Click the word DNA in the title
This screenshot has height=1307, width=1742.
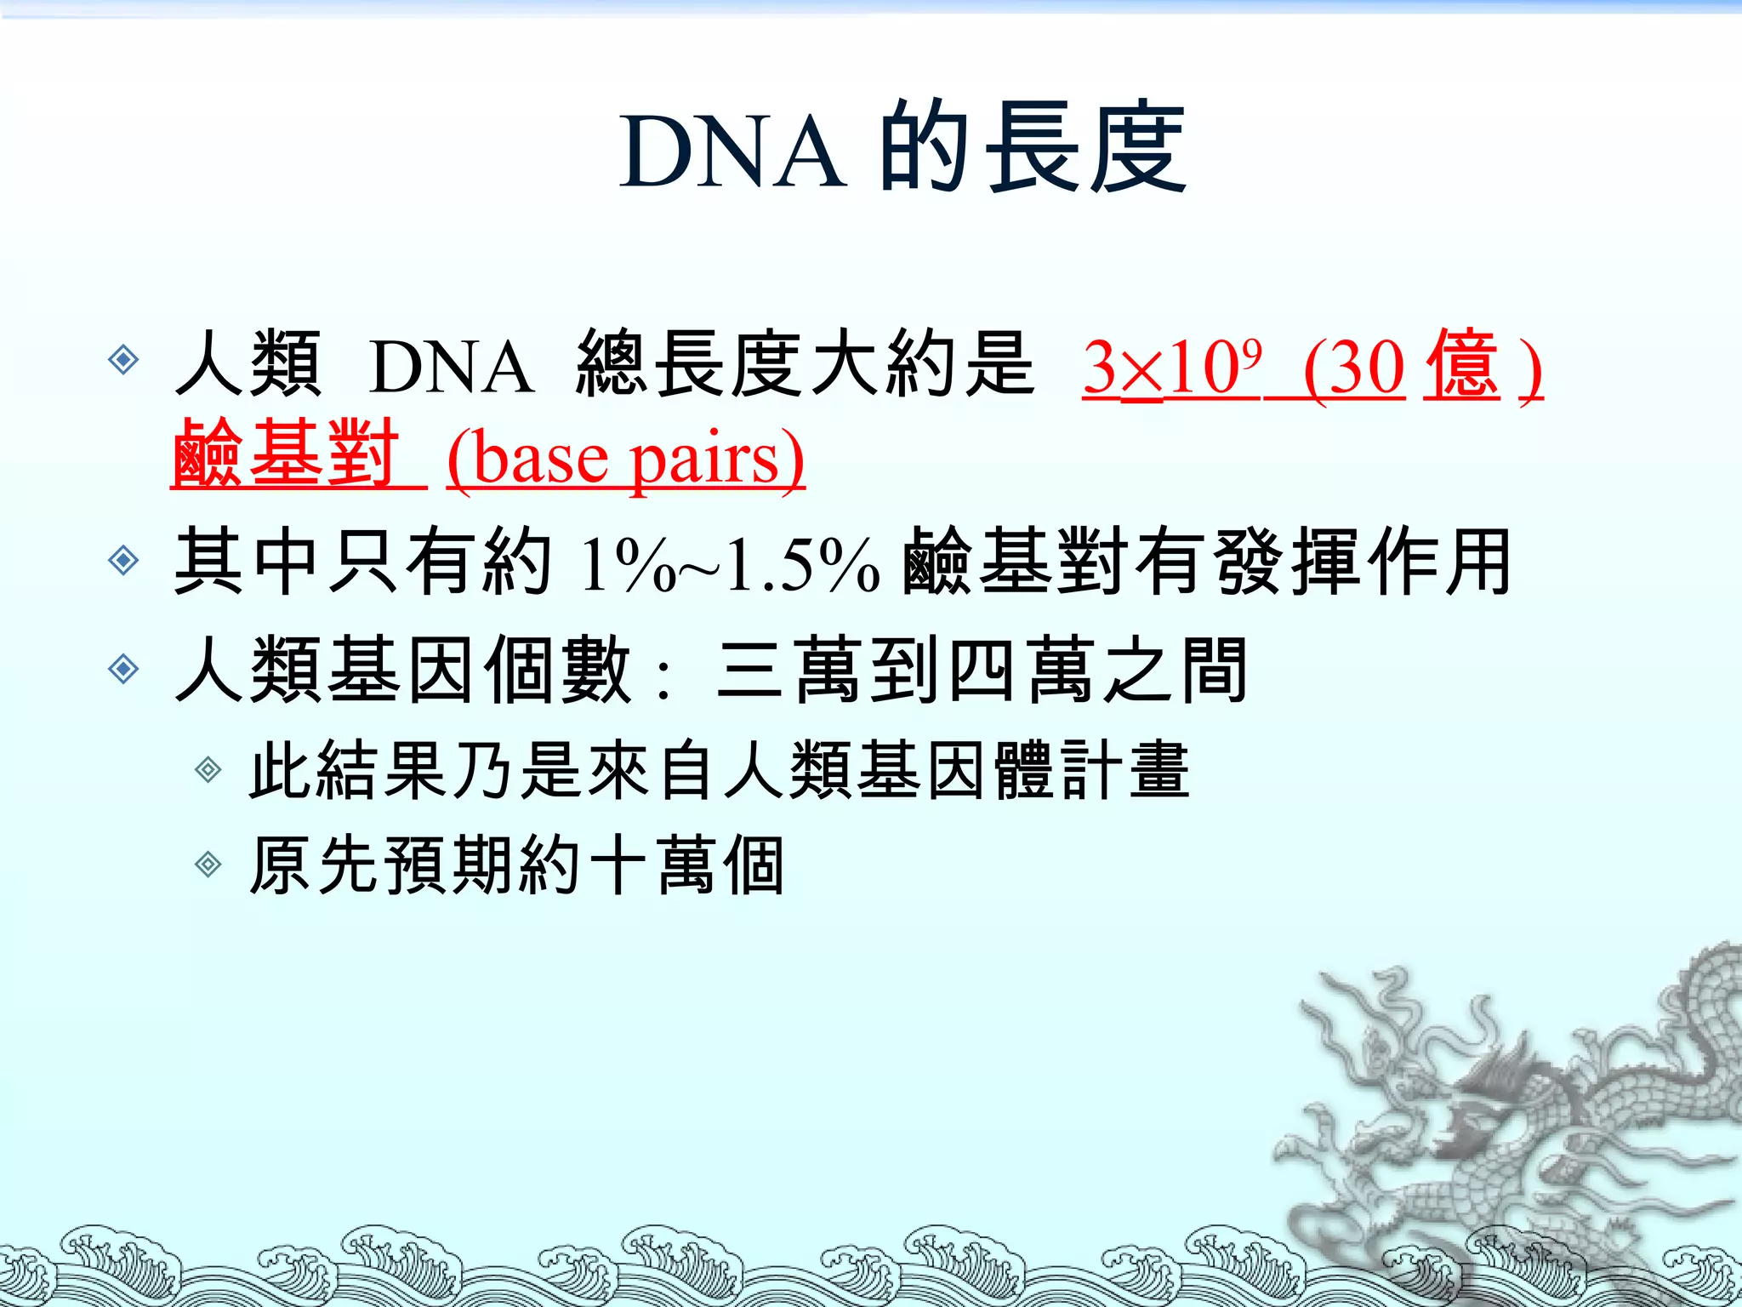[x=733, y=151]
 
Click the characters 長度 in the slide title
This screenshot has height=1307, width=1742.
[x=1086, y=148]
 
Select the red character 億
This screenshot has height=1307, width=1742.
[x=1461, y=366]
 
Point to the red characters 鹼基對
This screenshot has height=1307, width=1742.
[x=286, y=454]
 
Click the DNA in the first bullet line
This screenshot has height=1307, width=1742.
[x=452, y=368]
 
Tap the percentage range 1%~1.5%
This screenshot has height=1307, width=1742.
[x=729, y=565]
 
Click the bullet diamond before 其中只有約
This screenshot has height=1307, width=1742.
[x=124, y=561]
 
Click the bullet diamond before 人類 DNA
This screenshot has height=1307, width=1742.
[x=124, y=360]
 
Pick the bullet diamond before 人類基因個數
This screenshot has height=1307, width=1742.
[x=124, y=669]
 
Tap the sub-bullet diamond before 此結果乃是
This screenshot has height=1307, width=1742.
[x=208, y=771]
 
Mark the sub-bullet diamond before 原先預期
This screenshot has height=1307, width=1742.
[x=208, y=865]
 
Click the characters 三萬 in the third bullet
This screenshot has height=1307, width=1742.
[x=788, y=671]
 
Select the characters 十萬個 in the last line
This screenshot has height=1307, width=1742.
[x=686, y=865]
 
